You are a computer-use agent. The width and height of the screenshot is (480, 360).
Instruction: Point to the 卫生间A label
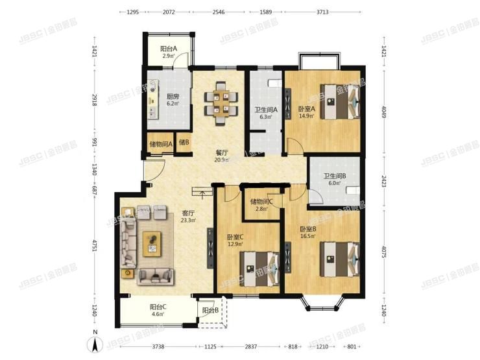[266, 110]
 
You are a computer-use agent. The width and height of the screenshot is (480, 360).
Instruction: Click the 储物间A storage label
[160, 144]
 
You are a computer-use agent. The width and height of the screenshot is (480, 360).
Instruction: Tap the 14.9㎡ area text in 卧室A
[306, 117]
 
